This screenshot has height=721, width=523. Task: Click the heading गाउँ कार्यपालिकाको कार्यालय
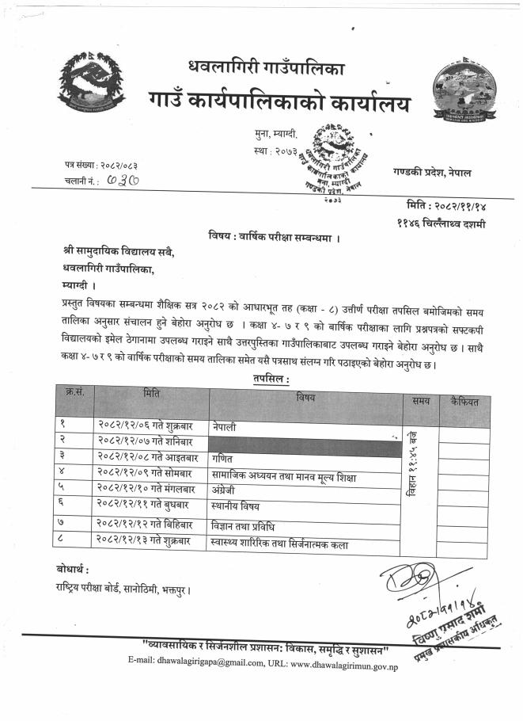pos(274,101)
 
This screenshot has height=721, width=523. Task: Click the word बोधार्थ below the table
pos(72,570)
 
